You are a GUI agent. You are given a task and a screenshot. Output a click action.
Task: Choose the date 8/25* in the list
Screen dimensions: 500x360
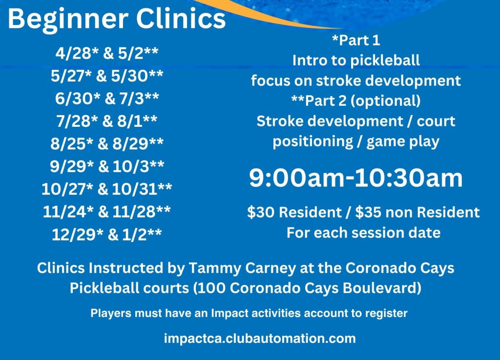coord(72,144)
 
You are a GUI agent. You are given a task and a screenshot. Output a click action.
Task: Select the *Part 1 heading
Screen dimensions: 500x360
coord(356,40)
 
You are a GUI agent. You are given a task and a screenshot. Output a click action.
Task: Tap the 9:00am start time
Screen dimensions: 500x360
coord(297,178)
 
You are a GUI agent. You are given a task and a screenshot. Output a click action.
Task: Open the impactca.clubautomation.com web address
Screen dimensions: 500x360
coord(260,339)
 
